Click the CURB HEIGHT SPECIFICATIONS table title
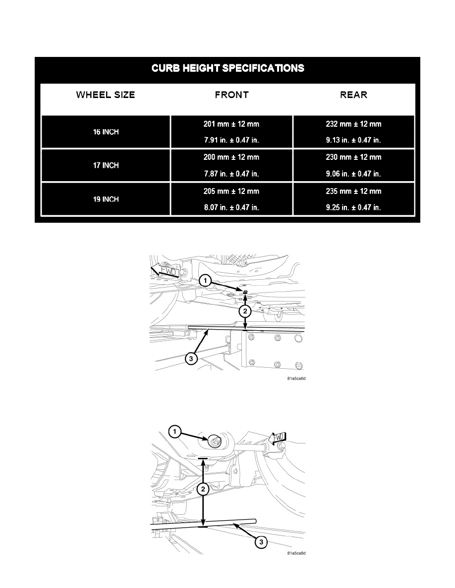coord(227,68)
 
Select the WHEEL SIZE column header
coord(105,95)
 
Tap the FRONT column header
coord(231,95)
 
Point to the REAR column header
coord(353,95)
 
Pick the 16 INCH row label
coord(106,132)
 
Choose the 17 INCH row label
coord(106,165)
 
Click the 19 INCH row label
coord(106,199)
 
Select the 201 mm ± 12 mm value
coord(231,124)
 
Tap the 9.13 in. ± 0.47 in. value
coord(353,140)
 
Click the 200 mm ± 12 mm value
coord(231,157)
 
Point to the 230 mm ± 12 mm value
coord(353,157)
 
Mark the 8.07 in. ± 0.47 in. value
coord(231,207)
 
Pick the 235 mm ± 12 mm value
coord(353,191)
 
